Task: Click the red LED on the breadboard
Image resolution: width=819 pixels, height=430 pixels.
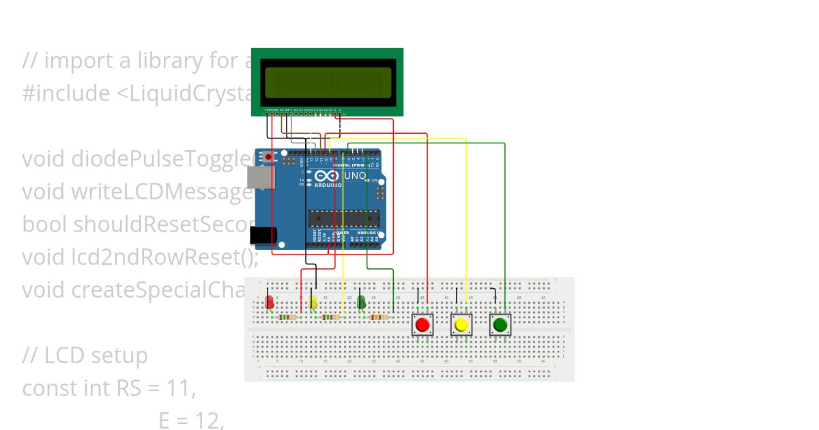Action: point(270,302)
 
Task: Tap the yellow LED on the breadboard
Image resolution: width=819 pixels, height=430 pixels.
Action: point(313,302)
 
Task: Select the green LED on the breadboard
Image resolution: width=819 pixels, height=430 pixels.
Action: point(361,302)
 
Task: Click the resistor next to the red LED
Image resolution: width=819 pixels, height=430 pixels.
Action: point(288,317)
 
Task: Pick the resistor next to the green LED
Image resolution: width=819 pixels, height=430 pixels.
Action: point(379,317)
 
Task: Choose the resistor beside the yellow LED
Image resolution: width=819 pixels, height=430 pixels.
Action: point(331,317)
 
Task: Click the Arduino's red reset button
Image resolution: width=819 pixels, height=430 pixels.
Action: point(268,158)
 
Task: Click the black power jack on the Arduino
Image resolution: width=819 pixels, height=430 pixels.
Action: point(263,235)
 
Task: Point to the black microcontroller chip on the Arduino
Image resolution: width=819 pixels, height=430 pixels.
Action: point(344,218)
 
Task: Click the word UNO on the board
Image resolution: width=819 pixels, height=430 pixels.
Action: point(354,176)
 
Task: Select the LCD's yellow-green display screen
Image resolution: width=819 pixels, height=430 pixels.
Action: point(328,83)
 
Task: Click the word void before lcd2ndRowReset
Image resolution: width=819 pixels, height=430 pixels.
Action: point(44,257)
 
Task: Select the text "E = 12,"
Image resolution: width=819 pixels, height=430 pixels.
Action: point(191,420)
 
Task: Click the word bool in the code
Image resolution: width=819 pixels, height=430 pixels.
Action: point(44,225)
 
